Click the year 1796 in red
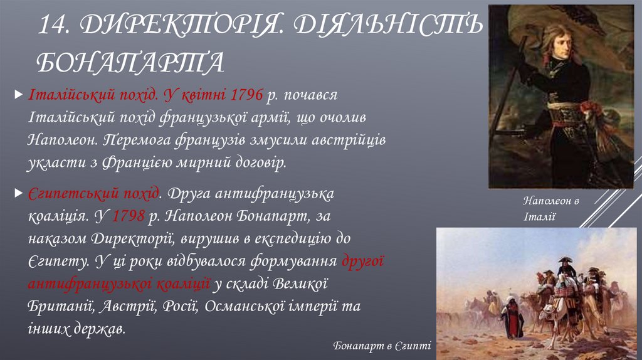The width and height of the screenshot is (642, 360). [x=246, y=95]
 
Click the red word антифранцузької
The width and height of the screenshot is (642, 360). [x=118, y=283]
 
